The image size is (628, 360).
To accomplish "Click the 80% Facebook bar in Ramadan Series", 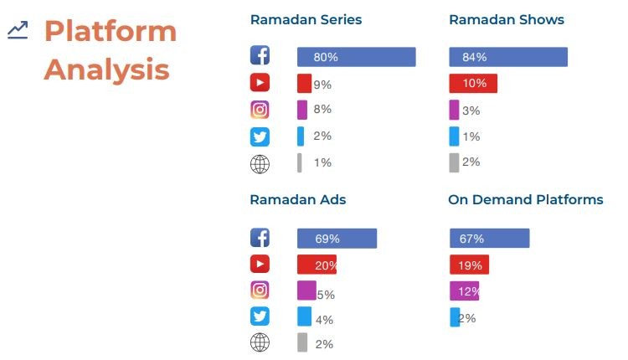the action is point(356,57).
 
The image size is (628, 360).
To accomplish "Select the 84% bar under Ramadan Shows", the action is point(508,57).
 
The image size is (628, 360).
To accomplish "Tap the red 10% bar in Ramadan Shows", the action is point(473,83).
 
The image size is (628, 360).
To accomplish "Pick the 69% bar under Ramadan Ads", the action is point(337,239).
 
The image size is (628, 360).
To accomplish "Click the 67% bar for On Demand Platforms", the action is point(490,239).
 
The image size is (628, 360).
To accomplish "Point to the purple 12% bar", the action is point(464,291).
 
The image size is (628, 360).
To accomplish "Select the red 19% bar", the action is point(469,265).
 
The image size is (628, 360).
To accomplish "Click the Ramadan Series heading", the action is point(306,19).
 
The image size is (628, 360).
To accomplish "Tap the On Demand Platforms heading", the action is point(526,199).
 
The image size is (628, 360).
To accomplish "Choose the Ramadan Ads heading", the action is point(298,199).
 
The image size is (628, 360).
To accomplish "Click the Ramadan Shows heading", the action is point(507,19).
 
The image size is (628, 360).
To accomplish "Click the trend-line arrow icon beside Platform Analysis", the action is point(18,30).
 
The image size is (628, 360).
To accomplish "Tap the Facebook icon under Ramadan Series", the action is point(260,55).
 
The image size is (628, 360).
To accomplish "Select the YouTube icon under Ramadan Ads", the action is point(260,264).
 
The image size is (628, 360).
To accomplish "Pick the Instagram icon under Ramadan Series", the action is point(260,110).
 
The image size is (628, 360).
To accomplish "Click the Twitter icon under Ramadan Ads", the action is point(260,316).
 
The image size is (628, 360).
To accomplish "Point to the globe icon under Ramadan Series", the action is point(260,164).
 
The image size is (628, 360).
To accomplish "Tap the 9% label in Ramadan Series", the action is point(322,85).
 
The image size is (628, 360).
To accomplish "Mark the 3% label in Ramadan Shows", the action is point(471,111).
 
